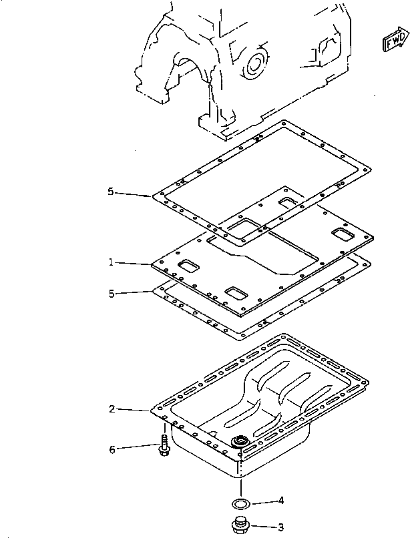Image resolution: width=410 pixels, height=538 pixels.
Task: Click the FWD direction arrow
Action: coord(396,39)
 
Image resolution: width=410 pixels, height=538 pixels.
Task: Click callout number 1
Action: coord(111,262)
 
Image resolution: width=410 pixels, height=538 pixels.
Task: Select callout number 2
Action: coord(112,409)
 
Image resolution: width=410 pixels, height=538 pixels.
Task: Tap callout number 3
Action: coord(281,527)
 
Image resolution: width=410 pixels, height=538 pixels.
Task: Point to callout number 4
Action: coord(281,501)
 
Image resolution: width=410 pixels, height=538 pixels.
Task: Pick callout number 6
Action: coord(112,449)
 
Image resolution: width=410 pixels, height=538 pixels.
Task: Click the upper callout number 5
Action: coord(111,192)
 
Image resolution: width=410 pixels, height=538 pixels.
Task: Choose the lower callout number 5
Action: coord(112,294)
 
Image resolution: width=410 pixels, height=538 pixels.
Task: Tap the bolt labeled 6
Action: coord(164,445)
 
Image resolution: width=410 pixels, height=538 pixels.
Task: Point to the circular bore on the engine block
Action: coord(255,65)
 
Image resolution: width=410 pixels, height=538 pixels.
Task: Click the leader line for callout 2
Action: coord(134,410)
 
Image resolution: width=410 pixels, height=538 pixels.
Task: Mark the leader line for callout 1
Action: coord(132,264)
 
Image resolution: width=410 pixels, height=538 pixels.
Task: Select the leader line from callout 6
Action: coord(138,447)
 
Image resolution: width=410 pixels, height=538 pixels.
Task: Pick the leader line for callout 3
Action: coord(264,527)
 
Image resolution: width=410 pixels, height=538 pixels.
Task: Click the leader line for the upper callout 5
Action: coord(133,194)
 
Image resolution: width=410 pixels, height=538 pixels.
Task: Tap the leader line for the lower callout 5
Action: coord(134,292)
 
